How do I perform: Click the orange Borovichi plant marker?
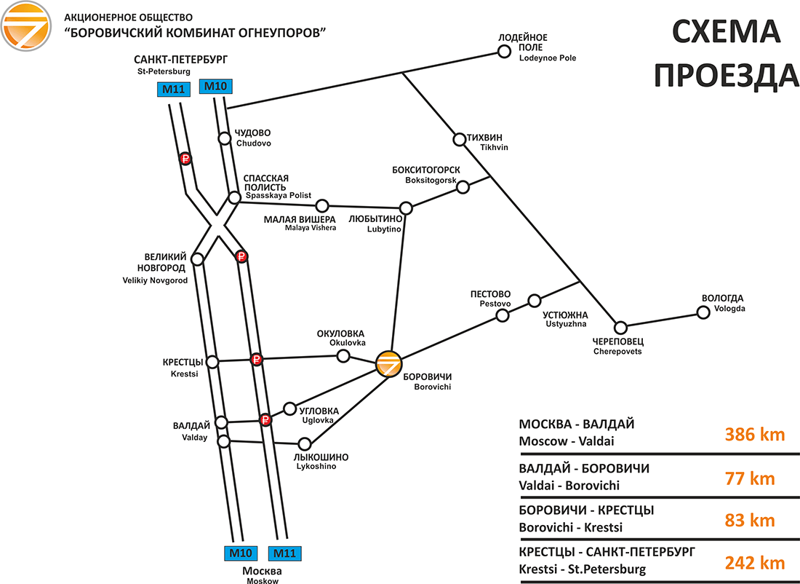coord(389,363)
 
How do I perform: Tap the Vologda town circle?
coord(703,312)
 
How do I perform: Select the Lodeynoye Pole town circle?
coord(503,51)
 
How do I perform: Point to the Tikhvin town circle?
coord(459,139)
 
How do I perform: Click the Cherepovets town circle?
coord(620,327)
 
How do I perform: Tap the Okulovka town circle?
coord(343,355)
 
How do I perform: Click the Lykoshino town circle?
coord(305,443)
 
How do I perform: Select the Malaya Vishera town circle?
coord(322,205)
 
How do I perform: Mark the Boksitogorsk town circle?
coord(463,187)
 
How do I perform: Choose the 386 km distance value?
coord(754,435)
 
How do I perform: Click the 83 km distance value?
coord(750,521)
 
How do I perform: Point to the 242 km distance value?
coord(754,563)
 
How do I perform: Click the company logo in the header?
coord(25,26)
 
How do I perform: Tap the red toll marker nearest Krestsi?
coord(256,359)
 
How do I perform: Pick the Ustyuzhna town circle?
coord(535,301)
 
